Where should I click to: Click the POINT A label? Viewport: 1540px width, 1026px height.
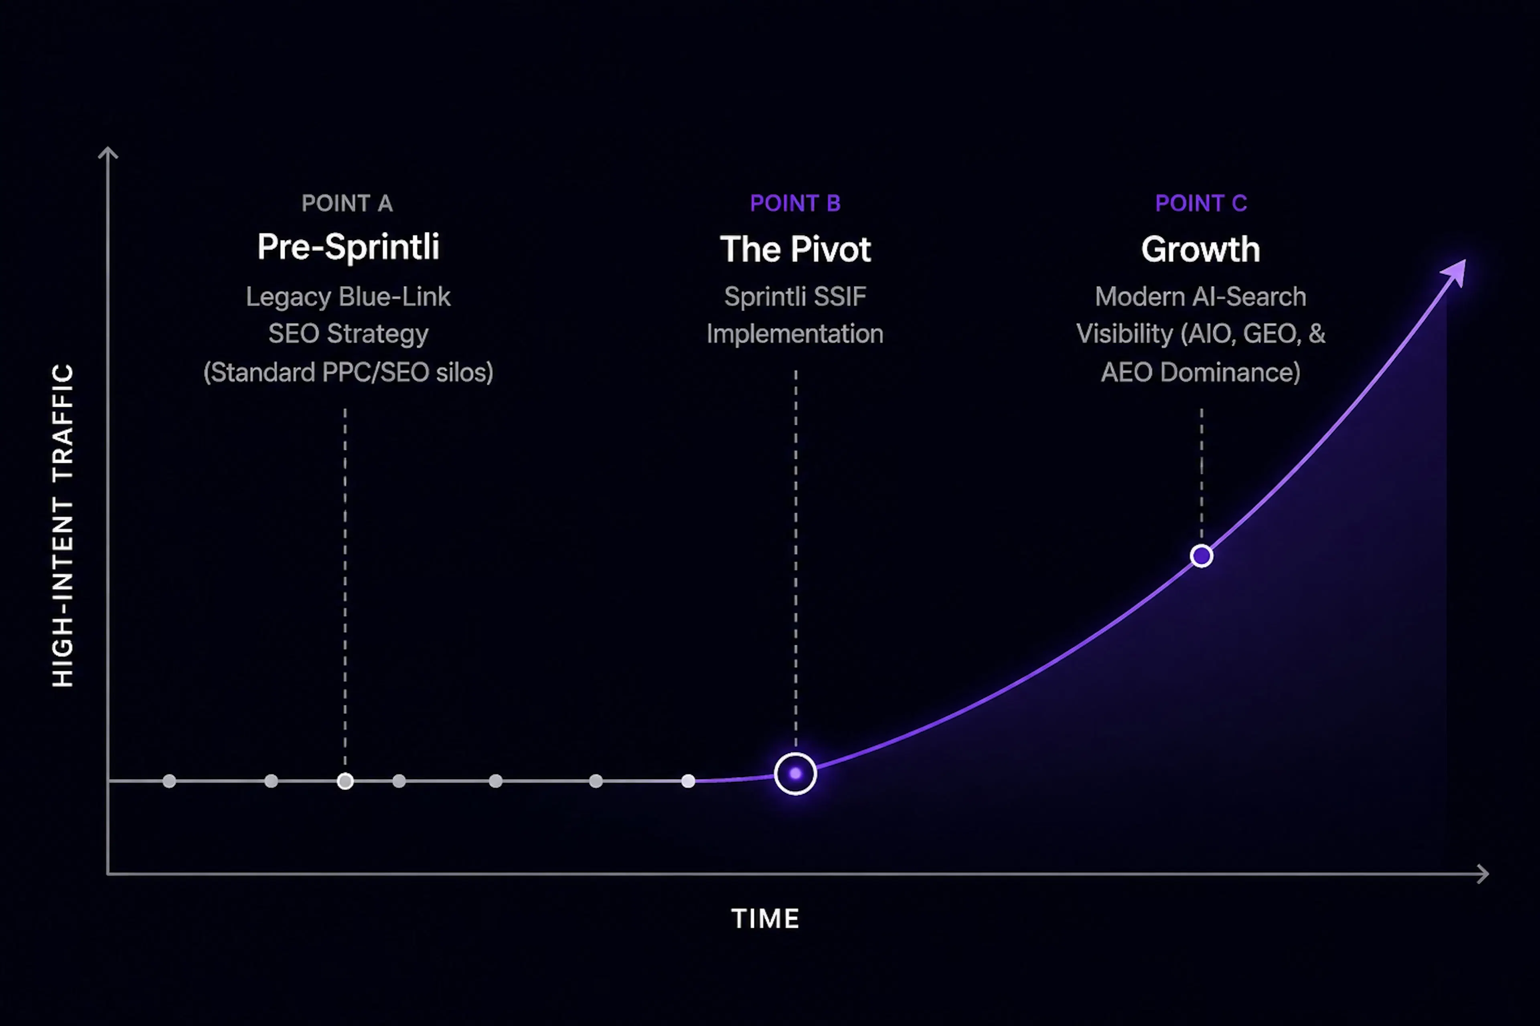(x=347, y=204)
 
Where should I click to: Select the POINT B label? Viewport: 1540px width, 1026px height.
(x=795, y=204)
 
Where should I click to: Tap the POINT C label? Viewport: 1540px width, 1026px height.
(x=1201, y=204)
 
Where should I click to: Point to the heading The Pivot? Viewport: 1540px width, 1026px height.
(x=795, y=249)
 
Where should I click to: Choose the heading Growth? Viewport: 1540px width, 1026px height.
(x=1201, y=249)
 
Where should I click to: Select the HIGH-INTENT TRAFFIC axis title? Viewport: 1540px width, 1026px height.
(x=63, y=525)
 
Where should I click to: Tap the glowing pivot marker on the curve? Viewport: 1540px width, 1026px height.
(x=795, y=774)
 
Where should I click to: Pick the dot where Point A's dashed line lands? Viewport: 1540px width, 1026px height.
(x=345, y=781)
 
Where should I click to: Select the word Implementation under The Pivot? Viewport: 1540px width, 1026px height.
(x=795, y=334)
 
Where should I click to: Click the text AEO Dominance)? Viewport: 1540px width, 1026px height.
(x=1201, y=372)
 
